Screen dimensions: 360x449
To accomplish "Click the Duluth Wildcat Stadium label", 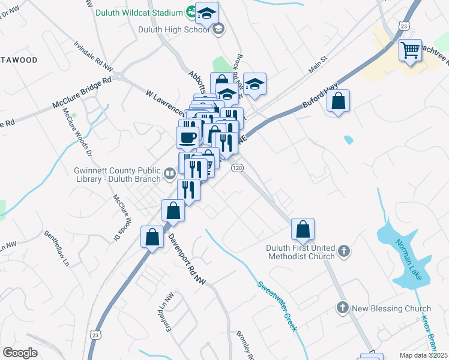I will (x=142, y=13).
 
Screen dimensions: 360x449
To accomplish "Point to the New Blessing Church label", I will (x=391, y=308).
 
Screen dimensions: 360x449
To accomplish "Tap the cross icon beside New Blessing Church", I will (x=342, y=308).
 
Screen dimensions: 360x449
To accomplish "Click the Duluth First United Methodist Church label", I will (x=300, y=253).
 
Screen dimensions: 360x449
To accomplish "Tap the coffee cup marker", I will (x=187, y=137).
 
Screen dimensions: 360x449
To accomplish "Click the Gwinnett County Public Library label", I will (x=117, y=174).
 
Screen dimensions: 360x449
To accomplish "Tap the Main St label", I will (x=317, y=65).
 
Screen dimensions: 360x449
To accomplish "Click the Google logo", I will (x=20, y=353).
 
